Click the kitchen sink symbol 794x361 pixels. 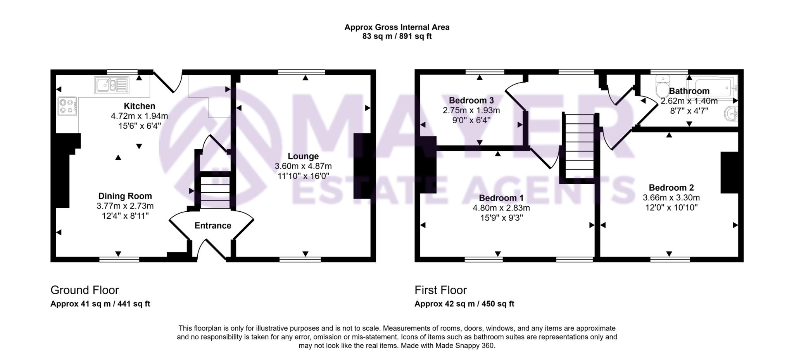pos(111,85)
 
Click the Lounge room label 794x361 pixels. pos(303,156)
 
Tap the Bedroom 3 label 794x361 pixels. pos(471,100)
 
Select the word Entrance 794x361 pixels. pos(212,226)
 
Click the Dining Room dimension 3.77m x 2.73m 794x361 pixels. pos(125,206)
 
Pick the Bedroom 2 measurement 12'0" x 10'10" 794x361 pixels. pos(671,207)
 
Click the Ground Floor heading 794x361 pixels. pos(85,290)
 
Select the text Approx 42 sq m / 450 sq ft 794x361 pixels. pos(464,304)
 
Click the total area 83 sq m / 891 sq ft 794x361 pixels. pos(397,36)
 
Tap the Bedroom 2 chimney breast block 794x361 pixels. pos(729,173)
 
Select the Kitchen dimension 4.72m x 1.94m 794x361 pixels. pos(139,116)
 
